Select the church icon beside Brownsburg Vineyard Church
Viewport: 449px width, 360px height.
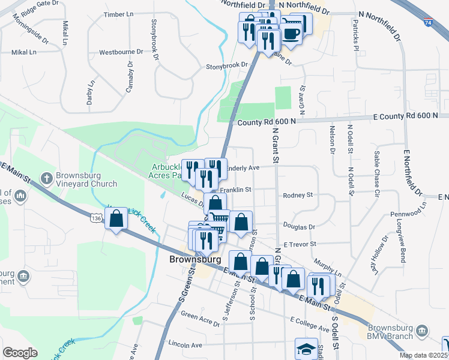46,178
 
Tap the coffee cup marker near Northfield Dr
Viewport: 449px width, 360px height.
292,34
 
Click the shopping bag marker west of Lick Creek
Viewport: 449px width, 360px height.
116,219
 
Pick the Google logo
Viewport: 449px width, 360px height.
20,353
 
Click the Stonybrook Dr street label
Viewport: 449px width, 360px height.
226,65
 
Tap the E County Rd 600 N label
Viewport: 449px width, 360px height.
409,116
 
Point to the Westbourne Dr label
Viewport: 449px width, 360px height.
121,52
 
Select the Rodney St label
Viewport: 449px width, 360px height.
298,195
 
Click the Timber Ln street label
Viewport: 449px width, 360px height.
118,14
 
